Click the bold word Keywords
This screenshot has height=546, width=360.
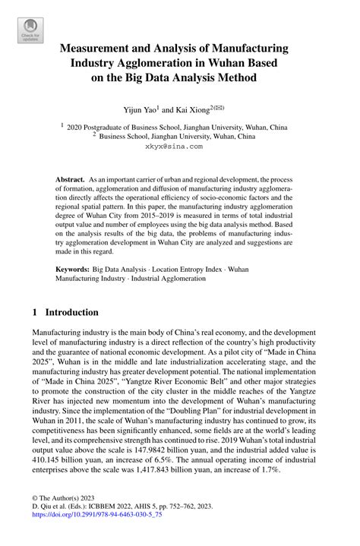point(72,269)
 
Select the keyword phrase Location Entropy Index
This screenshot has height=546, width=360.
point(185,269)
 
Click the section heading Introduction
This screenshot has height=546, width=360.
point(72,312)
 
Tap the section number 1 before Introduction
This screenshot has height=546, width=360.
point(35,312)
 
